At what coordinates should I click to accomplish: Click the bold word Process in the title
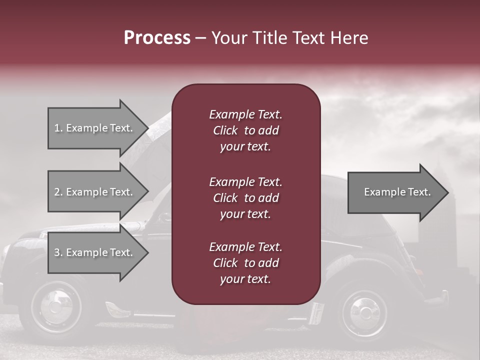pyautogui.click(x=157, y=38)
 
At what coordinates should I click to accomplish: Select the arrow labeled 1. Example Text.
pyautogui.click(x=95, y=128)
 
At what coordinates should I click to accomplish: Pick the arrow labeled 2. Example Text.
pyautogui.click(x=95, y=192)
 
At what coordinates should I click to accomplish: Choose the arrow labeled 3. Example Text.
pyautogui.click(x=95, y=252)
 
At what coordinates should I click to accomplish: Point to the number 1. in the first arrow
pyautogui.click(x=58, y=128)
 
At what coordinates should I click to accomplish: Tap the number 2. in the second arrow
pyautogui.click(x=58, y=192)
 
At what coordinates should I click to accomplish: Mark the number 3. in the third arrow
pyautogui.click(x=58, y=252)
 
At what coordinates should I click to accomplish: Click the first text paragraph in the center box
pyautogui.click(x=245, y=130)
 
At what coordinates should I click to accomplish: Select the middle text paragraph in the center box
pyautogui.click(x=245, y=197)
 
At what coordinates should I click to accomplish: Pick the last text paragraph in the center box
pyautogui.click(x=245, y=263)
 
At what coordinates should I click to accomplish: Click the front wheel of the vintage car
pyautogui.click(x=56, y=306)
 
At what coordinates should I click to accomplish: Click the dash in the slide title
pyautogui.click(x=200, y=38)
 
